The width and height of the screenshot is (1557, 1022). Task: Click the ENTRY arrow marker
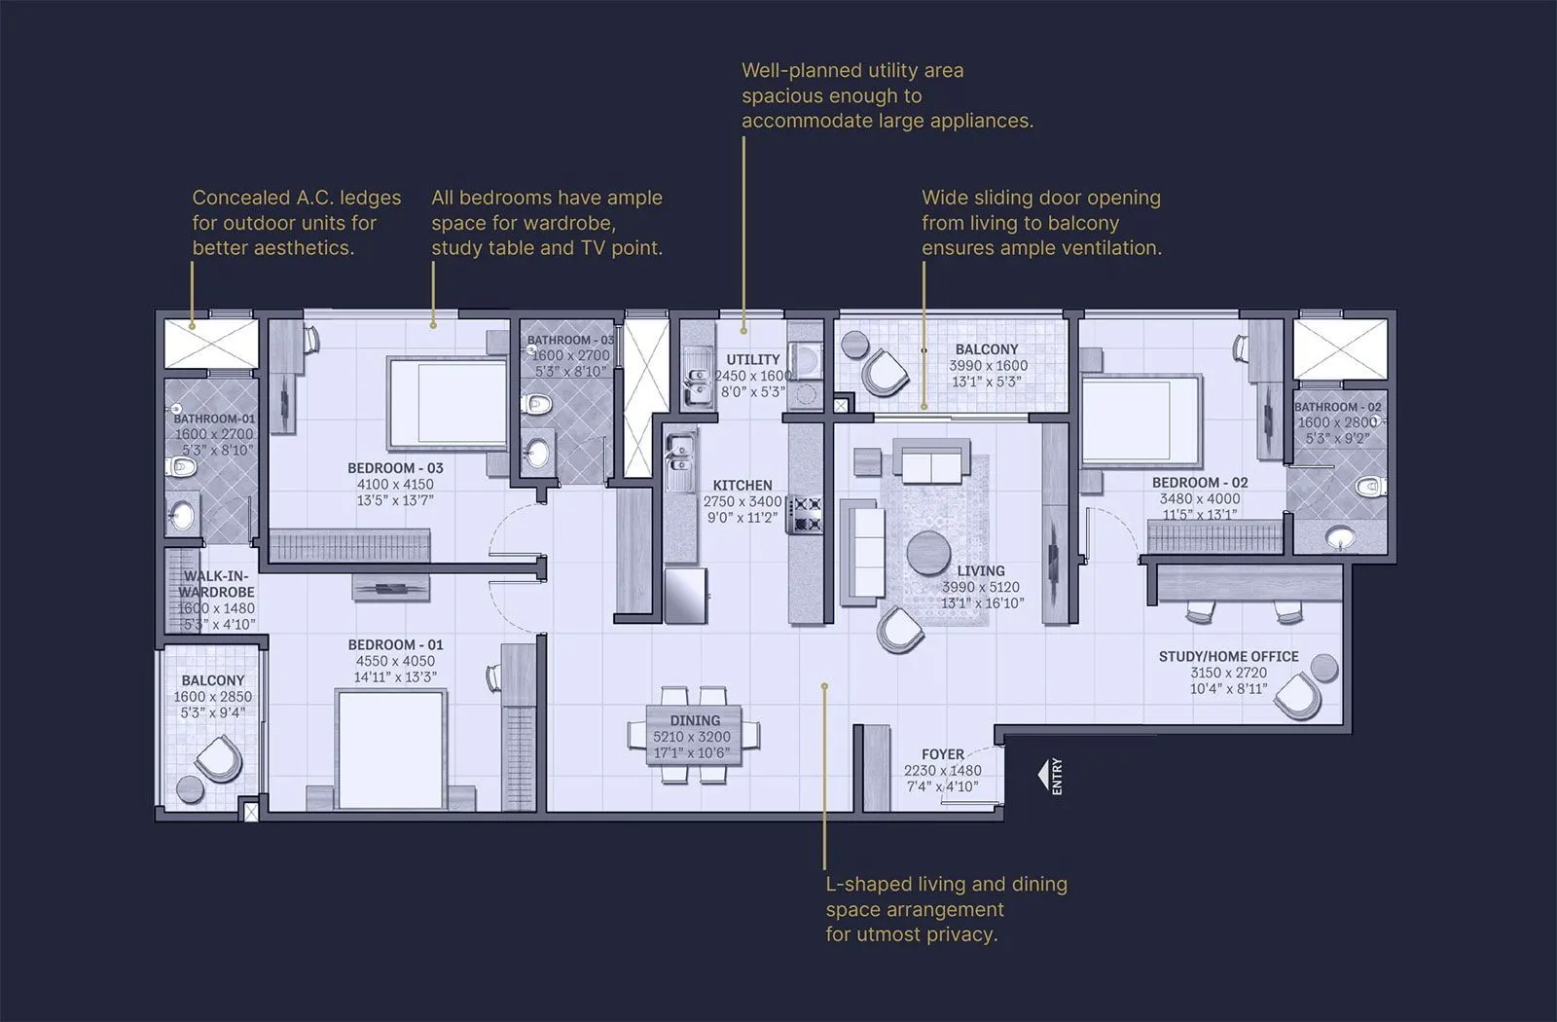1044,776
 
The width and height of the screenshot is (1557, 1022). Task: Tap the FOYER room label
942,754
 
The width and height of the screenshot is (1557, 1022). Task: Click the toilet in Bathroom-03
537,404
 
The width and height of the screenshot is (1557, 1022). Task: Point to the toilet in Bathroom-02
1370,485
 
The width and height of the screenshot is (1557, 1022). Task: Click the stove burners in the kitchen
806,515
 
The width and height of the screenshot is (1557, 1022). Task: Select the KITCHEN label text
742,485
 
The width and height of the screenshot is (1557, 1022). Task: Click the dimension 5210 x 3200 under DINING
692,737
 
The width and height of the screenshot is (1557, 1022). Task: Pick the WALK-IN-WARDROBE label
215,584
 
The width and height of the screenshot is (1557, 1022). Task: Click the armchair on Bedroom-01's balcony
218,758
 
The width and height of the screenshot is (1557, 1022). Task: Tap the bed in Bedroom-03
448,401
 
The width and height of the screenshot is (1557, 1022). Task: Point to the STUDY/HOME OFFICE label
1228,656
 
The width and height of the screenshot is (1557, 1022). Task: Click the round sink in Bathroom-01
181,515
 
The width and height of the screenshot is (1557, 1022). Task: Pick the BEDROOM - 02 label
1199,483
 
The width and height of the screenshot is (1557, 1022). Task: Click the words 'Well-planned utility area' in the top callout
852,70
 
